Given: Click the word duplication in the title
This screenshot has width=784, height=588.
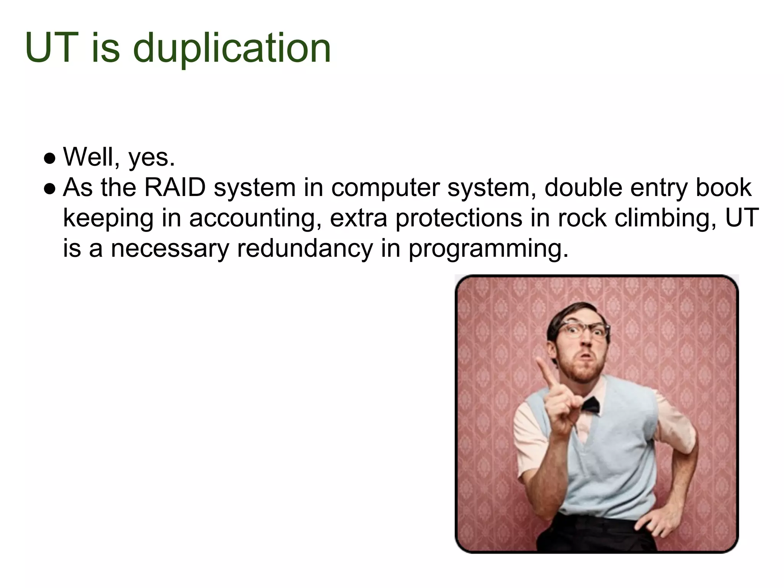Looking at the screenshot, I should click(232, 49).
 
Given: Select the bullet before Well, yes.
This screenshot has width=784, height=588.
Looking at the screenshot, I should click(50, 158).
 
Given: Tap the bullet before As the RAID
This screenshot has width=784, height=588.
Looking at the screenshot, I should click(50, 188).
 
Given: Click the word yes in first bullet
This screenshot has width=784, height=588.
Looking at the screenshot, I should click(152, 158).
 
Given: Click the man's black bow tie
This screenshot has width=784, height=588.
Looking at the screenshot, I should click(590, 405).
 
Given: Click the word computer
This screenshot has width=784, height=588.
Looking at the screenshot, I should click(385, 188).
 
